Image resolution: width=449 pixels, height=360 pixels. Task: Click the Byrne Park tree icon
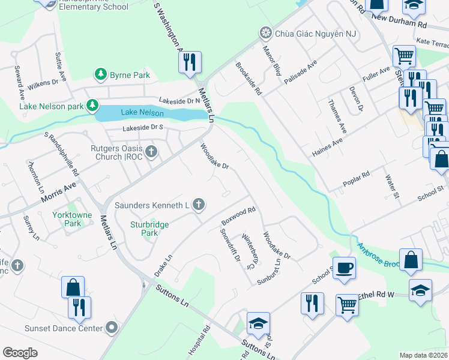101,75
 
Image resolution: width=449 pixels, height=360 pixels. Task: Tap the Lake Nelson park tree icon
92,106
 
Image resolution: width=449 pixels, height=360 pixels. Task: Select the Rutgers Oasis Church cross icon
151,151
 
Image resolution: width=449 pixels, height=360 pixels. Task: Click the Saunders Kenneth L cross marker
199,205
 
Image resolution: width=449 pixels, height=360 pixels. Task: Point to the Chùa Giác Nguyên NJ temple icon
265,32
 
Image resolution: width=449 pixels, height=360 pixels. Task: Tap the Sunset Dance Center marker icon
111,328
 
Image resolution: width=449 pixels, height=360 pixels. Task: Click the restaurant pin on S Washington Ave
190,62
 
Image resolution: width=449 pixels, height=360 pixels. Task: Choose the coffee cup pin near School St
345,268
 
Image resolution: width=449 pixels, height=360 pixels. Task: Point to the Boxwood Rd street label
239,215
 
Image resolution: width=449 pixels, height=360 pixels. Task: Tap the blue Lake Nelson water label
142,112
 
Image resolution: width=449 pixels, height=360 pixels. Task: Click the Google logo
20,353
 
